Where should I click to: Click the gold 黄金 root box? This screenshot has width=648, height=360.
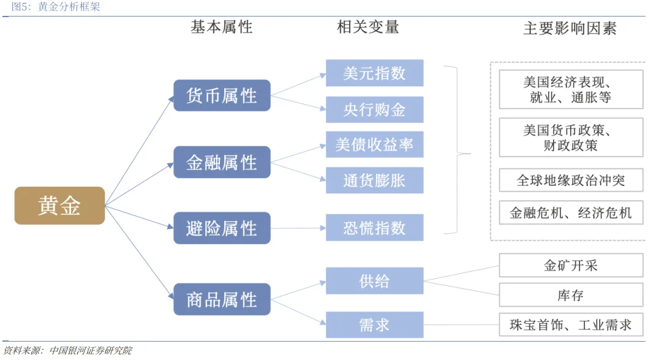[59, 206]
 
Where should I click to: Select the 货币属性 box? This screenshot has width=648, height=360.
[222, 96]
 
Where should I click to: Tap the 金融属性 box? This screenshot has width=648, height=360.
[222, 162]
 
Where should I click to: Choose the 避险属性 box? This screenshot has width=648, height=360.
[222, 228]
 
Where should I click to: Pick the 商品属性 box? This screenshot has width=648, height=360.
[222, 299]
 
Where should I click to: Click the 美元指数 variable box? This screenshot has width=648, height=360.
[374, 73]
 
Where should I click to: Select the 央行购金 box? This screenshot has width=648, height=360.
[374, 110]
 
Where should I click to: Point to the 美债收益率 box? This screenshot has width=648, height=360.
[374, 144]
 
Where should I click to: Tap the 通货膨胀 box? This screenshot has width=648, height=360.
[374, 181]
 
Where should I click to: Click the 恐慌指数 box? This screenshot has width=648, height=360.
[374, 228]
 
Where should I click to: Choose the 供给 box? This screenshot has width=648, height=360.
[374, 281]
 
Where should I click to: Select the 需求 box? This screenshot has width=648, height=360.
[374, 324]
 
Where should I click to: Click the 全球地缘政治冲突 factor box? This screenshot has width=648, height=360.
[570, 181]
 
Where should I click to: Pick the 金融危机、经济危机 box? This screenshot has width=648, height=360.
[570, 213]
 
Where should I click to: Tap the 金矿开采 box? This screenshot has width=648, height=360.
[570, 265]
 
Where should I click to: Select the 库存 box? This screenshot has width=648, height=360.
[570, 295]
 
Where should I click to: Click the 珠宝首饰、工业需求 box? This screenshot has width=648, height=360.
[570, 324]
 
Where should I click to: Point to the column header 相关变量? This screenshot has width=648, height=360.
[368, 27]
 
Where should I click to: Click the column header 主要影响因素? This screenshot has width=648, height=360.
[570, 28]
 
